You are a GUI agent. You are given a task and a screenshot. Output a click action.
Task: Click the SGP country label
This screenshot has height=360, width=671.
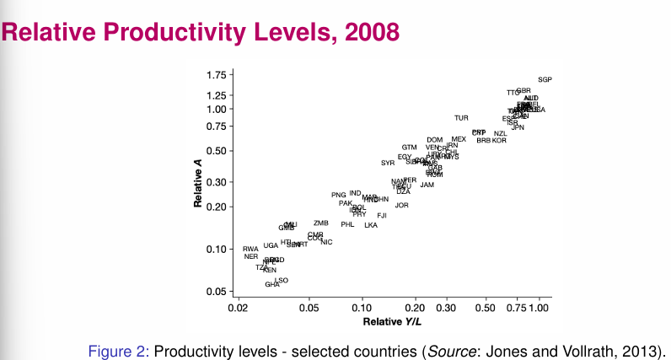coord(545,79)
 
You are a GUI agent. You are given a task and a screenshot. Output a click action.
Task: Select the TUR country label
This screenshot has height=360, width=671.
coord(461,118)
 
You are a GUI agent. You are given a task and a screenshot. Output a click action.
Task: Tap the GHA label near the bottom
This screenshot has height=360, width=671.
coord(272,285)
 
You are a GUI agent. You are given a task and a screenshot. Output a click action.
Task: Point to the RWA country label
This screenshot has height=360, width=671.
coord(250,250)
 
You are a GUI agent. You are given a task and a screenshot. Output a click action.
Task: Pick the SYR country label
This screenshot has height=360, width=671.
coord(388,163)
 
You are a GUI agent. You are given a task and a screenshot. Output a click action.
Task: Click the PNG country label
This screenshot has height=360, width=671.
coord(339,195)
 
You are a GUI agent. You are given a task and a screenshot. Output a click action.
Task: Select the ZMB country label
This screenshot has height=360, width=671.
coord(320,223)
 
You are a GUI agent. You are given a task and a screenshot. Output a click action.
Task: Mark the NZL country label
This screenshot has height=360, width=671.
coord(500,133)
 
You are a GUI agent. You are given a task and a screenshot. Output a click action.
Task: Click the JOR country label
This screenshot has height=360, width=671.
coord(402,205)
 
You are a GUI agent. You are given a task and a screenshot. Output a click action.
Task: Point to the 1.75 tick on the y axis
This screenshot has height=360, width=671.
coord(216,75)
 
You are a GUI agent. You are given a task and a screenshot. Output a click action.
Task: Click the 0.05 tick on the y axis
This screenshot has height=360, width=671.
coord(216,292)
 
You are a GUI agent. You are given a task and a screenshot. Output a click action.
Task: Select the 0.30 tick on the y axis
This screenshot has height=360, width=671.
coord(216,182)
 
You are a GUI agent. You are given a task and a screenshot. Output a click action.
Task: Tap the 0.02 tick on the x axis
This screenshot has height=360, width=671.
coord(239,309)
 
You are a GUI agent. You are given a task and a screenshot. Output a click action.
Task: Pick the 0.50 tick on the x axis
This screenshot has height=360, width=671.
coord(484,309)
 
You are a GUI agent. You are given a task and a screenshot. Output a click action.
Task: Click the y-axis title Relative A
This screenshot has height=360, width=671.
coord(198,191)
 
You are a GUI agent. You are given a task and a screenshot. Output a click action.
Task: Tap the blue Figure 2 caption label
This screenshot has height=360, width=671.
coord(119,350)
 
